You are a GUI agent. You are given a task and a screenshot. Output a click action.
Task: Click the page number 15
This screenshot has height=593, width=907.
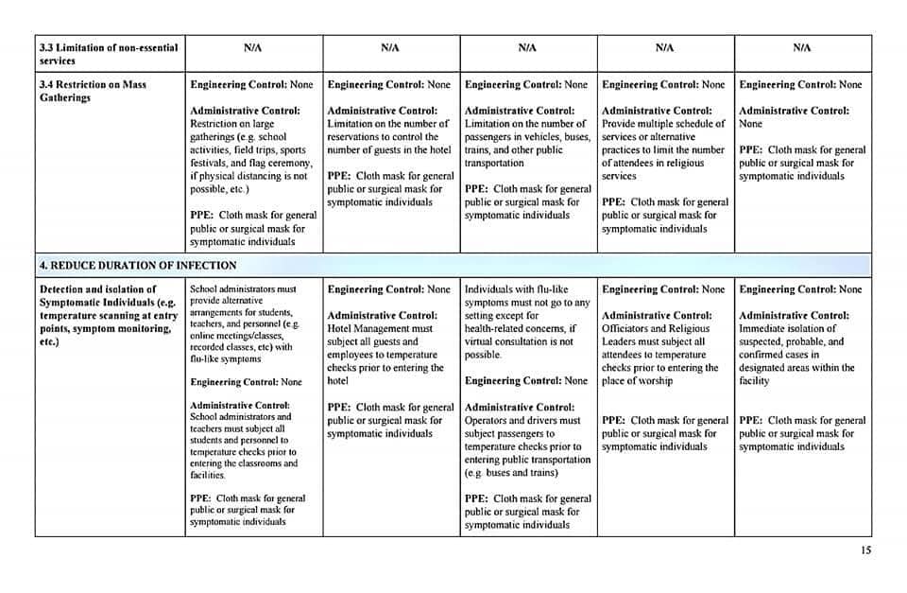coord(866,550)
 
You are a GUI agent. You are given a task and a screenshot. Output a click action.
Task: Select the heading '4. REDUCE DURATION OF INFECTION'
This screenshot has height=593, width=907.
coord(138,265)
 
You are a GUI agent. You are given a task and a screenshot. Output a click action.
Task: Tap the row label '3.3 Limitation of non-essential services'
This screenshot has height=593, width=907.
coord(108,54)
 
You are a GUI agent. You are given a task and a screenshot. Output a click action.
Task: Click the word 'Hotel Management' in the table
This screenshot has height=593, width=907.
coord(367,328)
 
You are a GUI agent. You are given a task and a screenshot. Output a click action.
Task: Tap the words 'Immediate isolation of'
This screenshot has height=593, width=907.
coord(788,328)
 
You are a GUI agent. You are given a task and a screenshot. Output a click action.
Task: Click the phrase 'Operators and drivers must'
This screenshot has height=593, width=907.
coord(522,420)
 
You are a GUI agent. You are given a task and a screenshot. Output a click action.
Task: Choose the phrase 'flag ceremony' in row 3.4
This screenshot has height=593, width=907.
coord(284,163)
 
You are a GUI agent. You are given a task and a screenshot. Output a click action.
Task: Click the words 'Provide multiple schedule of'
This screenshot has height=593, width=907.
coord(663,124)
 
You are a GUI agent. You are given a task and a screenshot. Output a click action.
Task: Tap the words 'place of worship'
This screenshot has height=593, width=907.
coord(637,381)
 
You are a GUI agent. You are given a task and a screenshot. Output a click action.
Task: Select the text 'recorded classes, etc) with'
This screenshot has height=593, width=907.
coord(243,347)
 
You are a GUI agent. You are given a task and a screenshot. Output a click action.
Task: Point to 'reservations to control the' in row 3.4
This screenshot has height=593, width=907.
coord(383,137)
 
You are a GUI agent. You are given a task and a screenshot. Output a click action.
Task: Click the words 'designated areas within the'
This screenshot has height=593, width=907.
coord(796,368)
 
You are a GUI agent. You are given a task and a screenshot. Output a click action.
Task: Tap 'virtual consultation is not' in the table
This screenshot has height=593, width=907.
coord(519,341)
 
